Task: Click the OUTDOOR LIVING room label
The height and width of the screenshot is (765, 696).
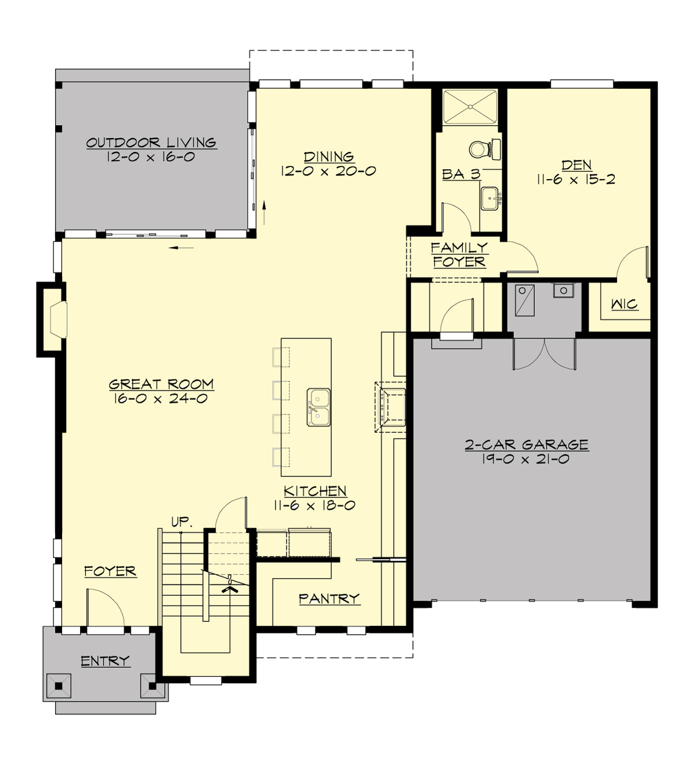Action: click(151, 143)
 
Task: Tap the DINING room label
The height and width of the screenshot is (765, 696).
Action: click(329, 156)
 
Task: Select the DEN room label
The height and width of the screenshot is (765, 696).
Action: click(576, 165)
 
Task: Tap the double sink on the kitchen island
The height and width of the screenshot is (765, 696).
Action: click(318, 407)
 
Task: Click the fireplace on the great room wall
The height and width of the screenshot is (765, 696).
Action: click(56, 319)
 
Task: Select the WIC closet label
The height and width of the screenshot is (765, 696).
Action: click(624, 304)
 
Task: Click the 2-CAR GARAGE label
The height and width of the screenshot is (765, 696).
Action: click(526, 445)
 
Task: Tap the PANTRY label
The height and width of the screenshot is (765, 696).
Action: click(329, 599)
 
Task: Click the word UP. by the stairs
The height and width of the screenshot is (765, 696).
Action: click(181, 521)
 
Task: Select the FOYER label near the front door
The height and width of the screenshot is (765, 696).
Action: click(110, 571)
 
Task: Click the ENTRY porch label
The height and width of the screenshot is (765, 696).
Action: click(105, 661)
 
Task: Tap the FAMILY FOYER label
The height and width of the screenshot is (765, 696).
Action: click(459, 254)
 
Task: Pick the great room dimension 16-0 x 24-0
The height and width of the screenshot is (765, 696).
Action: click(161, 399)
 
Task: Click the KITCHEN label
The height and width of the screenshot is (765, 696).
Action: click(315, 491)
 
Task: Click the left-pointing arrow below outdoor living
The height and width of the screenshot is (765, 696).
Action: click(183, 248)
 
